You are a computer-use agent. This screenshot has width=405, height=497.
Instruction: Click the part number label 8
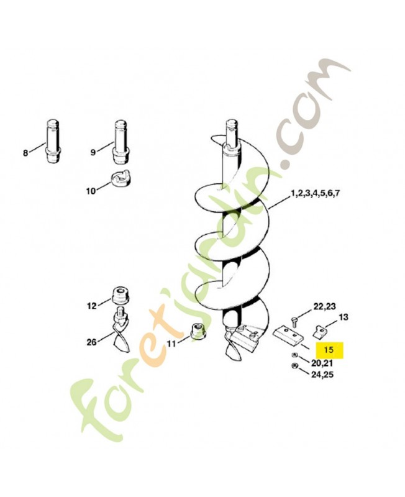[x=25, y=153]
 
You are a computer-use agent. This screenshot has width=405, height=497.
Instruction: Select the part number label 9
[x=93, y=152]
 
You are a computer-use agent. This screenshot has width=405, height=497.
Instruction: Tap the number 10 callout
[x=91, y=191]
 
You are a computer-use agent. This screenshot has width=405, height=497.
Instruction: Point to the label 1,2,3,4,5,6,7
[x=316, y=193]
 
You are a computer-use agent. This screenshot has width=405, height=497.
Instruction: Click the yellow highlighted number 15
[x=329, y=350]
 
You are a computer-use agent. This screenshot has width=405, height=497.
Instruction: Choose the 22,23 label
[x=324, y=306]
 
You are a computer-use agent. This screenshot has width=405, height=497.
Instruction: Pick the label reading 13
[x=344, y=317]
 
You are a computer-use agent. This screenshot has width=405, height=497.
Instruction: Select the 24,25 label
[x=322, y=375]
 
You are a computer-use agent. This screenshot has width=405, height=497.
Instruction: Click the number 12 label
[x=91, y=306]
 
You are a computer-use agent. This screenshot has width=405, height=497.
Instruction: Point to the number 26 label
[x=91, y=342]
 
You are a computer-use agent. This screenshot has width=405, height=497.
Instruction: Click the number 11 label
[x=171, y=344]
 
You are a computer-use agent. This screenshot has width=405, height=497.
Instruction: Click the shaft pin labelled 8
[x=53, y=141]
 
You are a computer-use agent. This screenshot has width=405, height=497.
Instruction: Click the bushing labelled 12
[x=120, y=296]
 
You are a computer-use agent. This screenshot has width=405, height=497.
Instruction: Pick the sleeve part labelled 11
[x=197, y=332]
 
